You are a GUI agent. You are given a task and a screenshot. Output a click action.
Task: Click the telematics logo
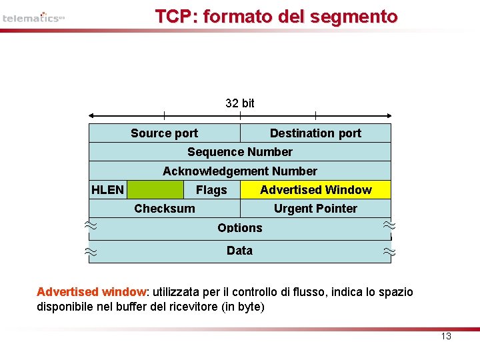(33, 17)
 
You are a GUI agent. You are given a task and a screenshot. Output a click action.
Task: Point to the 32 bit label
(240, 103)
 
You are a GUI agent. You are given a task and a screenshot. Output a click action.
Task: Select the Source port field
(164, 133)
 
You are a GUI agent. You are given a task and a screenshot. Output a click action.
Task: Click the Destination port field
(315, 133)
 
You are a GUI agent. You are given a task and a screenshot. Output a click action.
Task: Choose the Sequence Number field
(240, 152)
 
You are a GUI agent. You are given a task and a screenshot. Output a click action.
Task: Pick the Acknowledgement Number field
(240, 171)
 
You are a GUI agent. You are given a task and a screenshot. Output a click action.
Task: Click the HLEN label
(107, 190)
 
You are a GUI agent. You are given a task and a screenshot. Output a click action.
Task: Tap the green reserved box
(155, 190)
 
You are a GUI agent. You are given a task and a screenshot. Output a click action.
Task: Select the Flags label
(211, 190)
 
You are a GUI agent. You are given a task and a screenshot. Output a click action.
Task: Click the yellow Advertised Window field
(315, 190)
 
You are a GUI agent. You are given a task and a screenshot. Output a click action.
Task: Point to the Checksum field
(165, 209)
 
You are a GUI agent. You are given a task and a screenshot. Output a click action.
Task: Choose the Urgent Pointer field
(315, 209)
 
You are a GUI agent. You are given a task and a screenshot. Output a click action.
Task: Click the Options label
(240, 228)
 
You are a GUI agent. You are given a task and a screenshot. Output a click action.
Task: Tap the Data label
(239, 251)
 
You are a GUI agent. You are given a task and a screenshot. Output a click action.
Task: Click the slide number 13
(446, 336)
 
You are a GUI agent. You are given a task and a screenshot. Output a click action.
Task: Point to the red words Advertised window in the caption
(91, 292)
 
